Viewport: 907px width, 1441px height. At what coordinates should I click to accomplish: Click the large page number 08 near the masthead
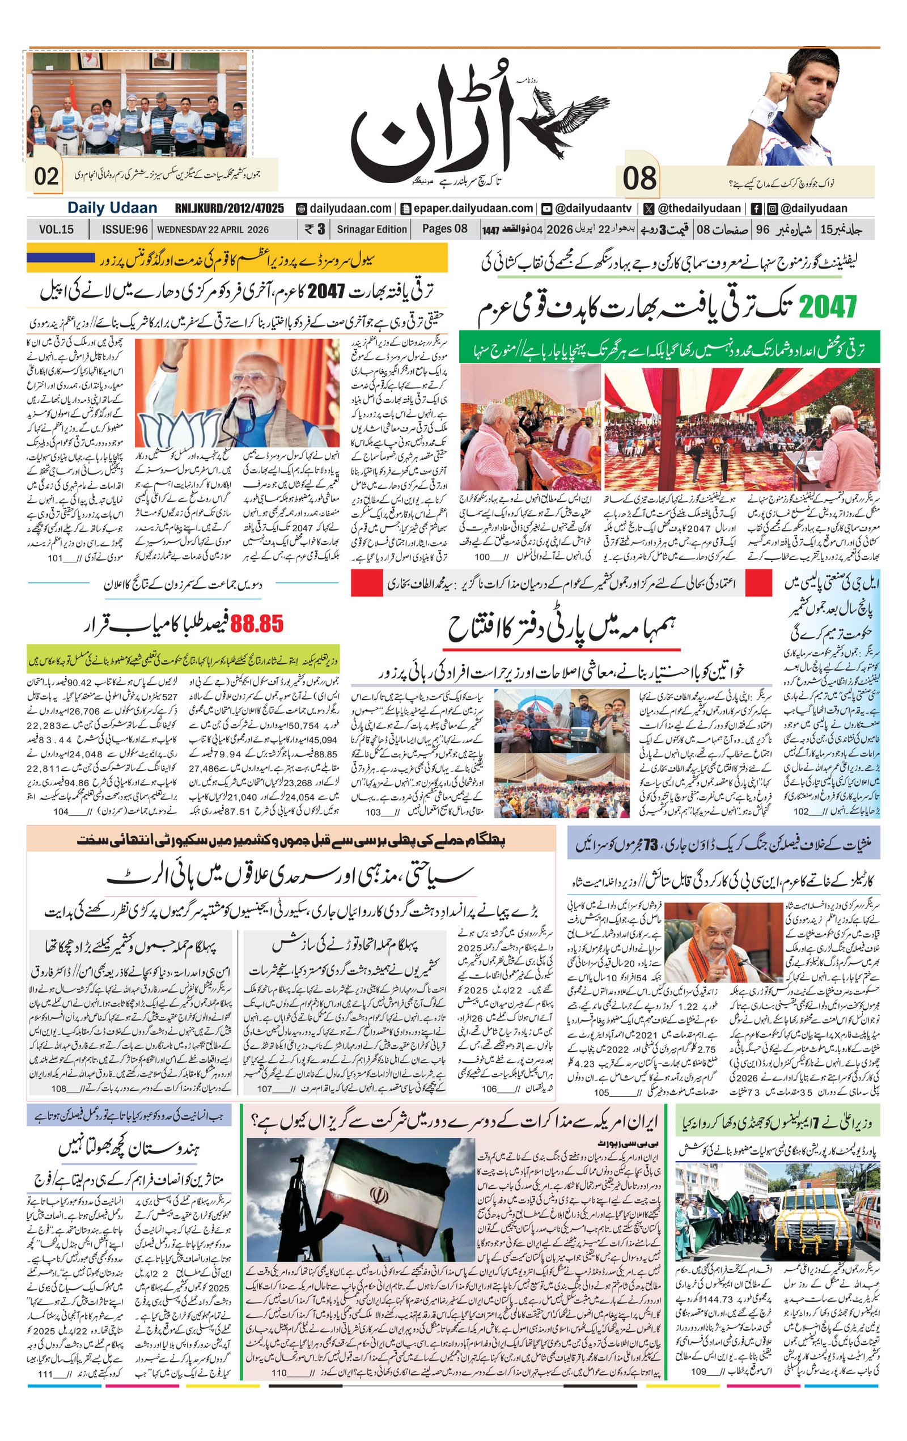[x=639, y=179]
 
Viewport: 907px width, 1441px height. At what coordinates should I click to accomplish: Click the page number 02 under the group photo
[x=46, y=176]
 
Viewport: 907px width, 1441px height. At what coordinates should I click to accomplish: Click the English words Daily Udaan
[x=112, y=208]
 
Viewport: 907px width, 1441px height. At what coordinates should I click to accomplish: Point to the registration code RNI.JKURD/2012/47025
[x=229, y=208]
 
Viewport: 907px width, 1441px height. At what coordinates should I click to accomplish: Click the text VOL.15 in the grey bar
[x=56, y=229]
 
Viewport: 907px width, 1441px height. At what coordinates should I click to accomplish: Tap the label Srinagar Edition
[x=371, y=229]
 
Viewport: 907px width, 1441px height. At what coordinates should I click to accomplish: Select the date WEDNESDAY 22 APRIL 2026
[x=213, y=229]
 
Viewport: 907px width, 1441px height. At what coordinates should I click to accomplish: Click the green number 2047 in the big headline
[x=828, y=308]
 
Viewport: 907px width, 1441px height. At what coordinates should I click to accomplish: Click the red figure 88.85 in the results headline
[x=257, y=625]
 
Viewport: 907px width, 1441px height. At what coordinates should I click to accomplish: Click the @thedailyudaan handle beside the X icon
[x=699, y=208]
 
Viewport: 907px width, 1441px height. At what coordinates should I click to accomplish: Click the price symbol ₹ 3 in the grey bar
[x=315, y=229]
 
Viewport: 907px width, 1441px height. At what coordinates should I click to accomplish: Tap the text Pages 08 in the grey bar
[x=444, y=228]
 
